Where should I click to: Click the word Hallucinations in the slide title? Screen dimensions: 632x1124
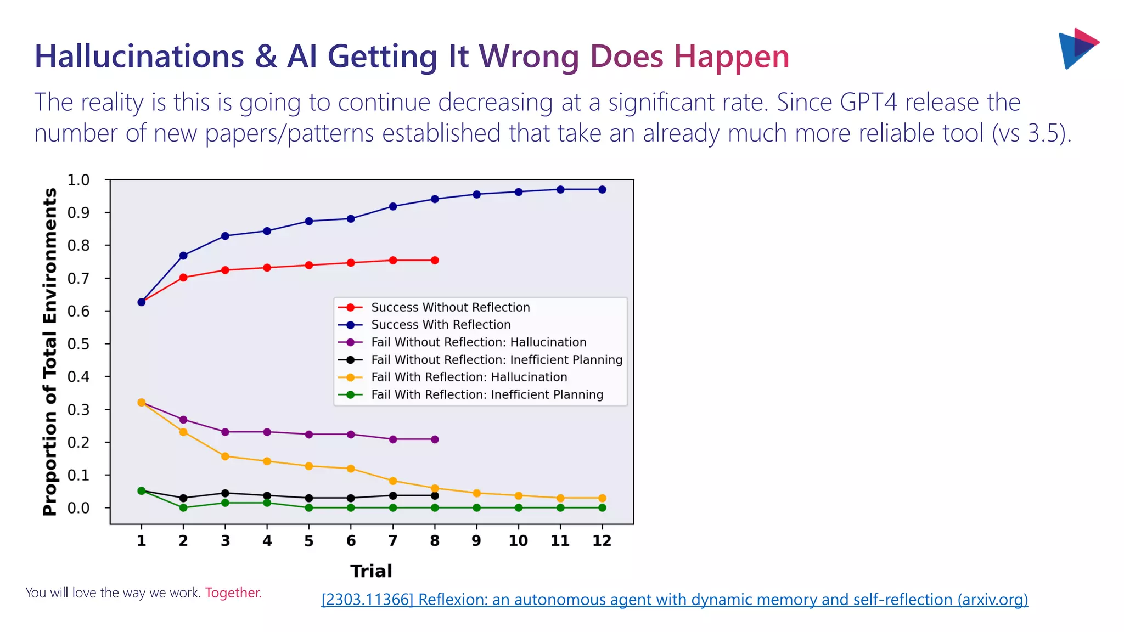(139, 57)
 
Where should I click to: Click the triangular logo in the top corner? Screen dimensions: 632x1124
(1077, 48)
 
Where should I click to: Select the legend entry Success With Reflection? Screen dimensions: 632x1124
(440, 325)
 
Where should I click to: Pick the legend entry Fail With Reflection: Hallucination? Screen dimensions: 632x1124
(469, 377)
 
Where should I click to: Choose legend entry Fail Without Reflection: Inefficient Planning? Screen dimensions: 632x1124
(496, 360)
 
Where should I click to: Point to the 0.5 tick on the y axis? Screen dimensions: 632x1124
(78, 344)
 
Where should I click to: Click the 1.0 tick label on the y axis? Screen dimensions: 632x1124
(78, 180)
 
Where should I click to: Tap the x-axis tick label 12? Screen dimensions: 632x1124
(602, 541)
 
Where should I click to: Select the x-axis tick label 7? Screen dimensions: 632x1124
(392, 541)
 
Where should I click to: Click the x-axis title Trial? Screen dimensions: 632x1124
(371, 571)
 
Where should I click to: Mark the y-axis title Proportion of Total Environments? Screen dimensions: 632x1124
(50, 352)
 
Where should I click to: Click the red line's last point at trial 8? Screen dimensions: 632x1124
(435, 261)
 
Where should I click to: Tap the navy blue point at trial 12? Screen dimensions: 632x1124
(602, 190)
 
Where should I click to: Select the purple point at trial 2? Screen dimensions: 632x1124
(183, 420)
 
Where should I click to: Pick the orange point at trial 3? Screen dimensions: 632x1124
(225, 456)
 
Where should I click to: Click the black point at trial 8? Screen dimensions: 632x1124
(435, 496)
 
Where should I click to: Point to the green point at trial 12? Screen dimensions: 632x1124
(602, 508)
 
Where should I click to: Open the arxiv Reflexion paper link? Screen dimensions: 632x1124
(674, 600)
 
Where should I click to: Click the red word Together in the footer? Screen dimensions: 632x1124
(233, 593)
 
